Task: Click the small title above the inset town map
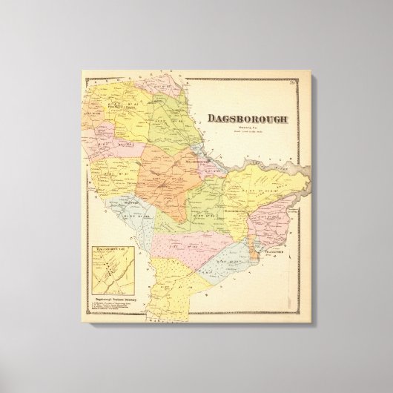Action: pyautogui.click(x=110, y=242)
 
